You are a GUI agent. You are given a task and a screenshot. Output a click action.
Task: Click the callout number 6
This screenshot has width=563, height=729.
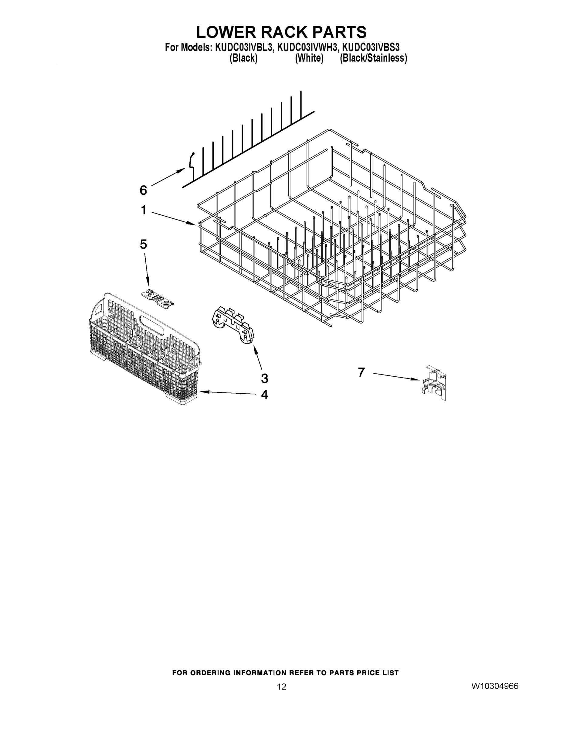pos(143,190)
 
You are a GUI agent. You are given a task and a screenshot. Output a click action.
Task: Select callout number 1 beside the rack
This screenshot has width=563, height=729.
pos(144,210)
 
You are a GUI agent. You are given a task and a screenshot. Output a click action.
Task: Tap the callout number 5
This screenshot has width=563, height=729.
pos(143,245)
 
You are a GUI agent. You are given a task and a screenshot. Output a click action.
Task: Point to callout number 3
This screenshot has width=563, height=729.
pos(264,378)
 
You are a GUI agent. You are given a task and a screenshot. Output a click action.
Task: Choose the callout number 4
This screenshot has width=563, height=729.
pos(264,395)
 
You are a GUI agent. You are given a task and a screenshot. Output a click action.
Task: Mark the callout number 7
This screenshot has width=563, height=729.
pos(361,372)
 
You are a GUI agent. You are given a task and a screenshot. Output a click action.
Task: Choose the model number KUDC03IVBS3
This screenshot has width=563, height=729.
pos(371,48)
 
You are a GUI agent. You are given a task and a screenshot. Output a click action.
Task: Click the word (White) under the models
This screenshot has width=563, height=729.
pos(309,58)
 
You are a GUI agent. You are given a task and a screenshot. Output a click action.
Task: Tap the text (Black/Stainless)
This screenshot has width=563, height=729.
pos(373,58)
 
